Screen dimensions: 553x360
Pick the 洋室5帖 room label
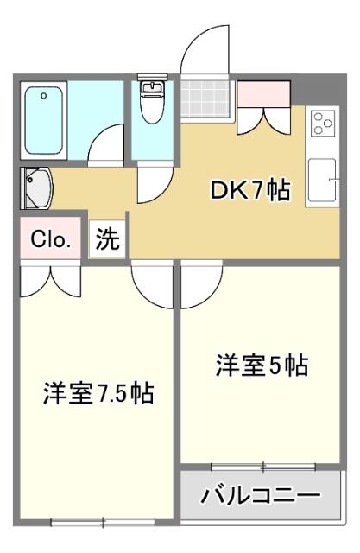tap(262, 365)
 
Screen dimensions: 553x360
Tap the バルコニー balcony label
tap(260, 495)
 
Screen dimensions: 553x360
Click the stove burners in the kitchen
tap(324, 124)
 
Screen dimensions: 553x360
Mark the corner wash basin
tap(36, 188)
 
